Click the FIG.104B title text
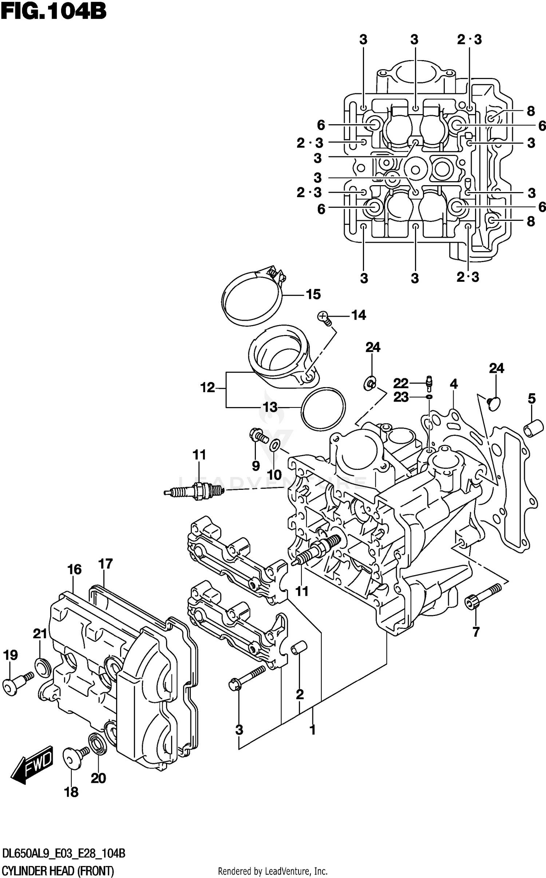point(54,12)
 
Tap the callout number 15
point(313,294)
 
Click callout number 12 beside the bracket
point(207,387)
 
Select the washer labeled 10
point(275,445)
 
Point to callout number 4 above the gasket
point(453,384)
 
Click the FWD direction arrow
point(32,765)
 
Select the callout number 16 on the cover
point(74,569)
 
